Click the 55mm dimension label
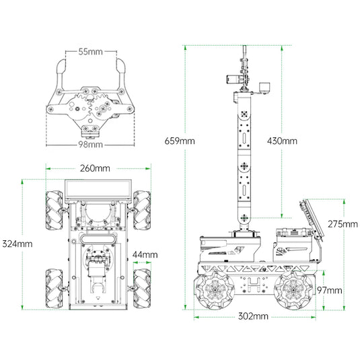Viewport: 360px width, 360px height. point(90,52)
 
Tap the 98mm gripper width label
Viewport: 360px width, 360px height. point(90,145)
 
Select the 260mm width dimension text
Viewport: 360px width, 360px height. point(95,168)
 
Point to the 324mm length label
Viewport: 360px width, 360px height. point(17,244)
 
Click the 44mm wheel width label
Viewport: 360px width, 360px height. point(145,254)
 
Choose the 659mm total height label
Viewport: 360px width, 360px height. point(180,141)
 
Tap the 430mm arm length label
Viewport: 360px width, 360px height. point(282,141)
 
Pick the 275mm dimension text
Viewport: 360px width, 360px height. point(343,224)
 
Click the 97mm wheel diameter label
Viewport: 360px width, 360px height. point(330,291)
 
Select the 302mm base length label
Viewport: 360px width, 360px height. point(253,316)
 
